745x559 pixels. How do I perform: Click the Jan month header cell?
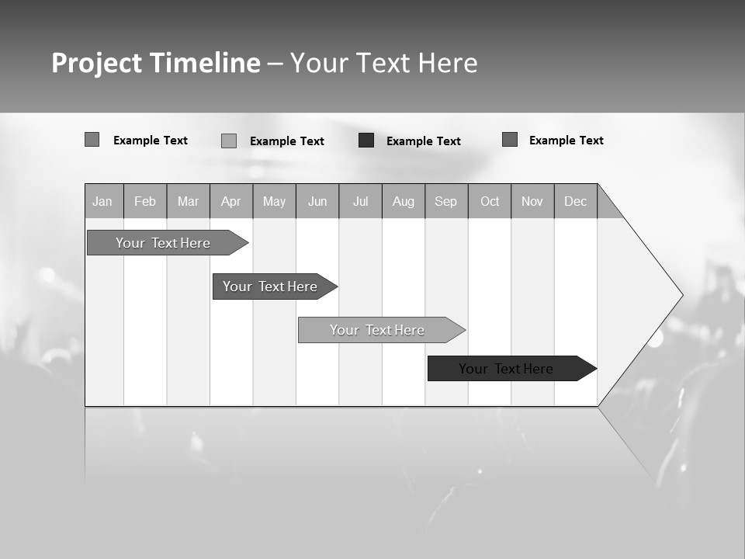pyautogui.click(x=103, y=201)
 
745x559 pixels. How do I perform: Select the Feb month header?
pyautogui.click(x=145, y=201)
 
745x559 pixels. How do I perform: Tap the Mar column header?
pyautogui.click(x=188, y=201)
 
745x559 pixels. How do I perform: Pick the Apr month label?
pyautogui.click(x=231, y=201)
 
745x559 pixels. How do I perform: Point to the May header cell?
pyautogui.click(x=274, y=201)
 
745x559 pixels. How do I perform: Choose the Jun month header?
pyautogui.click(x=317, y=201)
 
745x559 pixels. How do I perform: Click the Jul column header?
pyautogui.click(x=361, y=201)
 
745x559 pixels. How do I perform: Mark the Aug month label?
pyautogui.click(x=404, y=201)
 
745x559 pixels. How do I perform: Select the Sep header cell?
pyautogui.click(x=446, y=201)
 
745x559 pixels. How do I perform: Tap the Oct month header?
pyautogui.click(x=490, y=201)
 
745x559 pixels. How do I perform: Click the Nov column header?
pyautogui.click(x=532, y=201)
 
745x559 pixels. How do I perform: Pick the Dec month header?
pyautogui.click(x=576, y=201)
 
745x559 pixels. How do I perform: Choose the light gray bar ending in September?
pyautogui.click(x=378, y=330)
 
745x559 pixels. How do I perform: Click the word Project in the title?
pyautogui.click(x=96, y=63)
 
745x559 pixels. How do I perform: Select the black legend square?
pyautogui.click(x=366, y=141)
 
